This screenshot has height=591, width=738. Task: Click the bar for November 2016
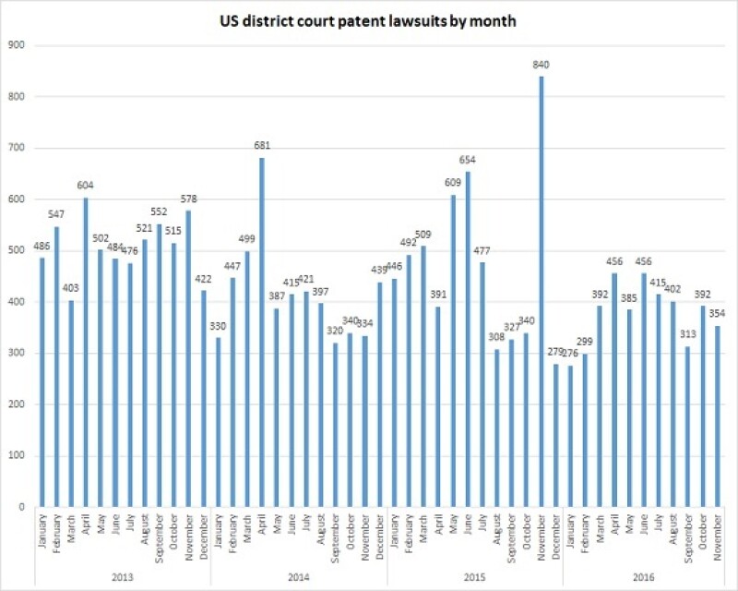click(x=716, y=416)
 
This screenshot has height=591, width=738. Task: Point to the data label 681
click(x=263, y=146)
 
